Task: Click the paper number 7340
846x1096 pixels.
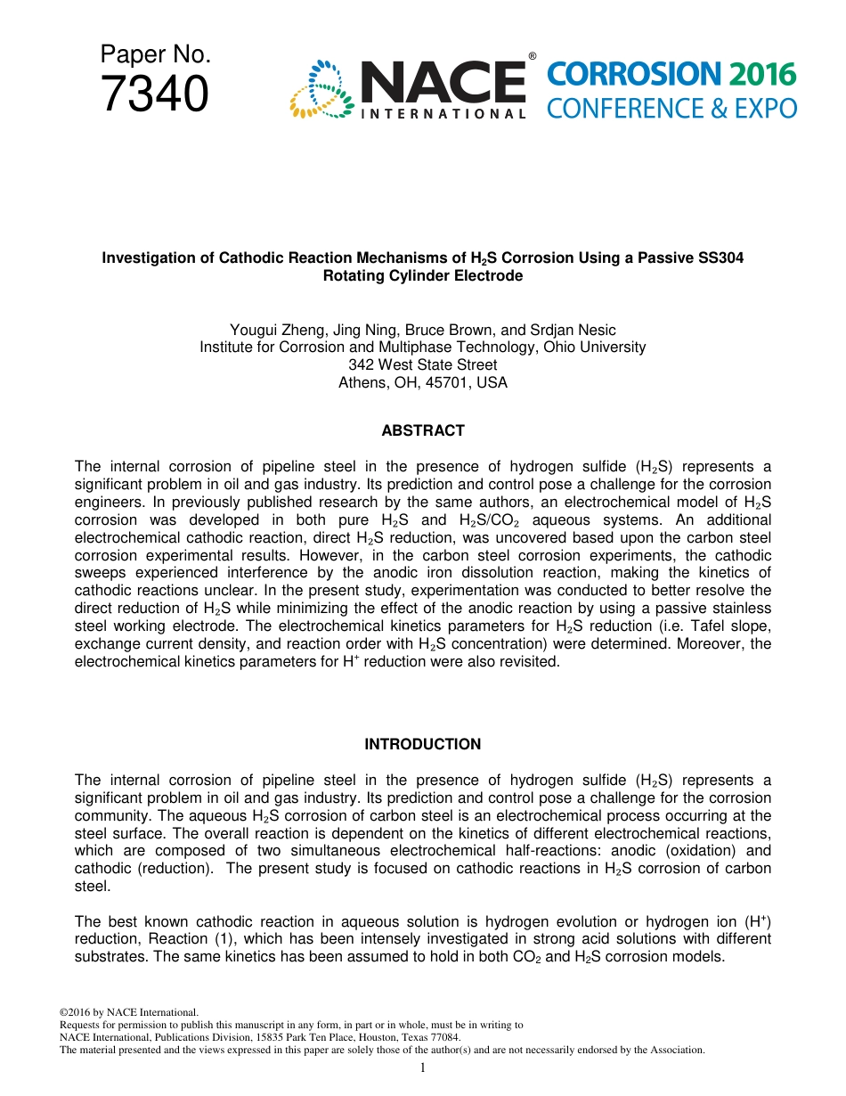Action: (155, 94)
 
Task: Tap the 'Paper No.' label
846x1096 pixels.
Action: (155, 55)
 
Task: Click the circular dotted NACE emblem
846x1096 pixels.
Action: (321, 90)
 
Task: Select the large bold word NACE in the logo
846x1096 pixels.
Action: (442, 83)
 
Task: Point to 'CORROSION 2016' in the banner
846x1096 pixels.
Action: (671, 75)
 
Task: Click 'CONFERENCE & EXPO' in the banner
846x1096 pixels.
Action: (671, 109)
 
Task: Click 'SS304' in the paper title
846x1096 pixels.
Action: (722, 258)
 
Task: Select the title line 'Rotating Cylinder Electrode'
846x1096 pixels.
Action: (423, 275)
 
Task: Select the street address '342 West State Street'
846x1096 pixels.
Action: (423, 365)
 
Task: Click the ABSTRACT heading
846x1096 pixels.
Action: (423, 430)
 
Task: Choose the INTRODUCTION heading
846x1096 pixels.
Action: (423, 744)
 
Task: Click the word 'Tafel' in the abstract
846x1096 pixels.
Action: (688, 626)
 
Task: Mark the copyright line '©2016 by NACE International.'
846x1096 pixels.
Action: (128, 1012)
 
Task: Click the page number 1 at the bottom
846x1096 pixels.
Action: (423, 1067)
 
